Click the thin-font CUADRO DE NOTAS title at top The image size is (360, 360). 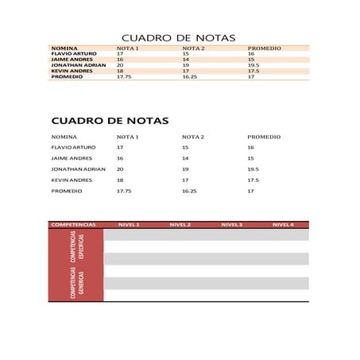178,37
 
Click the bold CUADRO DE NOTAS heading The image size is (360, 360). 110,121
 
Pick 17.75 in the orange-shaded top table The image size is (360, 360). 124,77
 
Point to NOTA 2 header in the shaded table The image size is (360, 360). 193,48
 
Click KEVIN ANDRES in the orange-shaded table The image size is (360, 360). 72,71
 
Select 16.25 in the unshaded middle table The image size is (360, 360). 189,192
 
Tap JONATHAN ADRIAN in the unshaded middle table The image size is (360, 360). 78,169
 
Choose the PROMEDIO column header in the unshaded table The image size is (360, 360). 264,137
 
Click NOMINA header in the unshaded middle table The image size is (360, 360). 64,137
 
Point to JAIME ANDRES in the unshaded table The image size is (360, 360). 72,158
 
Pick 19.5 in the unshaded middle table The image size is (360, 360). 254,169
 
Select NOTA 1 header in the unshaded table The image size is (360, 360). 128,137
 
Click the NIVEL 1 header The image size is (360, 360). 129,225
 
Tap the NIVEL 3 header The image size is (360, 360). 231,225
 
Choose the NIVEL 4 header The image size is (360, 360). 283,225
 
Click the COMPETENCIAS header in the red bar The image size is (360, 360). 73,225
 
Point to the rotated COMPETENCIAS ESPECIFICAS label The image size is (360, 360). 77,247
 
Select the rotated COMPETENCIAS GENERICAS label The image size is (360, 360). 77,282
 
